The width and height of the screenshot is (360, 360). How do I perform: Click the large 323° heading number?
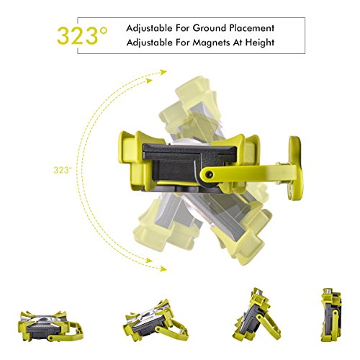pyautogui.click(x=82, y=36)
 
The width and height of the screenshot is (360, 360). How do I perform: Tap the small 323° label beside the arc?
pyautogui.click(x=63, y=170)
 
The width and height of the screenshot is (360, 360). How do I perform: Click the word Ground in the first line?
pyautogui.click(x=210, y=28)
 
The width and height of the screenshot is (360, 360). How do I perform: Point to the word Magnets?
pyautogui.click(x=210, y=42)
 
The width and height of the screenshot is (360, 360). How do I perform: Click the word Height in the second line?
pyautogui.click(x=260, y=42)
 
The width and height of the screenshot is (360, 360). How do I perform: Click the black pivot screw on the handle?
pyautogui.click(x=210, y=175)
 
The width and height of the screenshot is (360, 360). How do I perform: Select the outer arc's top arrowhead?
pyautogui.click(x=163, y=72)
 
